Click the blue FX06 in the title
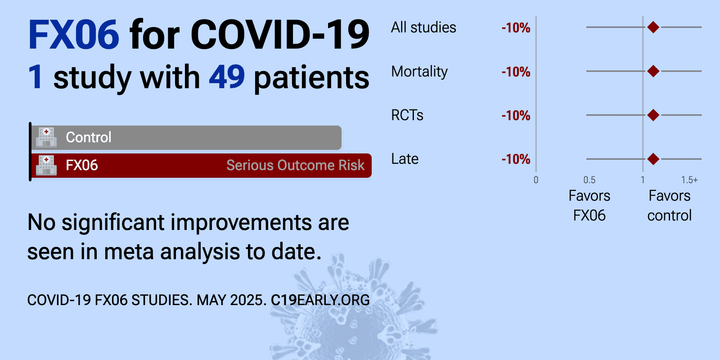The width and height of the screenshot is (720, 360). (74, 34)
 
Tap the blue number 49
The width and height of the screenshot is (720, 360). (227, 77)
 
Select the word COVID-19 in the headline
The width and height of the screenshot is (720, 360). (280, 34)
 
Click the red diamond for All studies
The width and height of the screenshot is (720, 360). (653, 27)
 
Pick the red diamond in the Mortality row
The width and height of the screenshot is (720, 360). (653, 71)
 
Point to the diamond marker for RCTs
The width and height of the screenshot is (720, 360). (653, 115)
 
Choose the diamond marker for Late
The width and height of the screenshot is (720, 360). (653, 159)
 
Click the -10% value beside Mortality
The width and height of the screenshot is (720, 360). (516, 72)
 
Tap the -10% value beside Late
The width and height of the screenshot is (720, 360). (516, 159)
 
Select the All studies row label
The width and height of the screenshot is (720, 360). (423, 27)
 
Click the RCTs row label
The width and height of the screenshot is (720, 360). (407, 115)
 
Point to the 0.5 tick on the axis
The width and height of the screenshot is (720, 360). (589, 180)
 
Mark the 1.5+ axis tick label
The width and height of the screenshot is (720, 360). (689, 180)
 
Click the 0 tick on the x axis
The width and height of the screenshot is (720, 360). (536, 180)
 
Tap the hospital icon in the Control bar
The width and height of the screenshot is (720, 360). (46, 137)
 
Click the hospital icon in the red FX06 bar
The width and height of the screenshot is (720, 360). (46, 165)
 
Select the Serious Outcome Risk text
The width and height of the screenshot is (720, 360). (295, 165)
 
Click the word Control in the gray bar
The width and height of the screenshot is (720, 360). (88, 137)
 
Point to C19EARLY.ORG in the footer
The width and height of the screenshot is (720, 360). (320, 300)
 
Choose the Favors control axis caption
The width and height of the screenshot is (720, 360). (670, 206)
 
